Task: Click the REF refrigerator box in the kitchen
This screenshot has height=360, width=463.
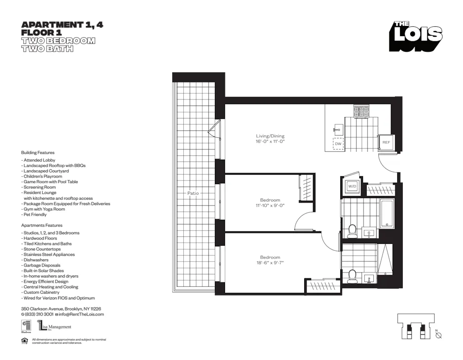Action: [386, 143]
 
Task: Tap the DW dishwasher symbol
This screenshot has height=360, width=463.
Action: [338, 144]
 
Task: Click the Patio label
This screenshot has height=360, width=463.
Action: [193, 193]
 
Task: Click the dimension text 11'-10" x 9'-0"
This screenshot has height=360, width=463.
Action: [269, 205]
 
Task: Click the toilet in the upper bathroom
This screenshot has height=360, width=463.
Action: [352, 230]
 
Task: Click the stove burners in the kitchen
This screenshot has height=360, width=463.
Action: [361, 112]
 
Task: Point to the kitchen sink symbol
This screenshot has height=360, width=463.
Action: [337, 130]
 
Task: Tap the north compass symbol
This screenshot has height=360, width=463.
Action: [438, 335]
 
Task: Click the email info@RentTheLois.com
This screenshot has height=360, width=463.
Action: [79, 314]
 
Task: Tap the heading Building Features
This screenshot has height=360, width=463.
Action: [38, 152]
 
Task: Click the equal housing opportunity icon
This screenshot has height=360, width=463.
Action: [25, 341]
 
